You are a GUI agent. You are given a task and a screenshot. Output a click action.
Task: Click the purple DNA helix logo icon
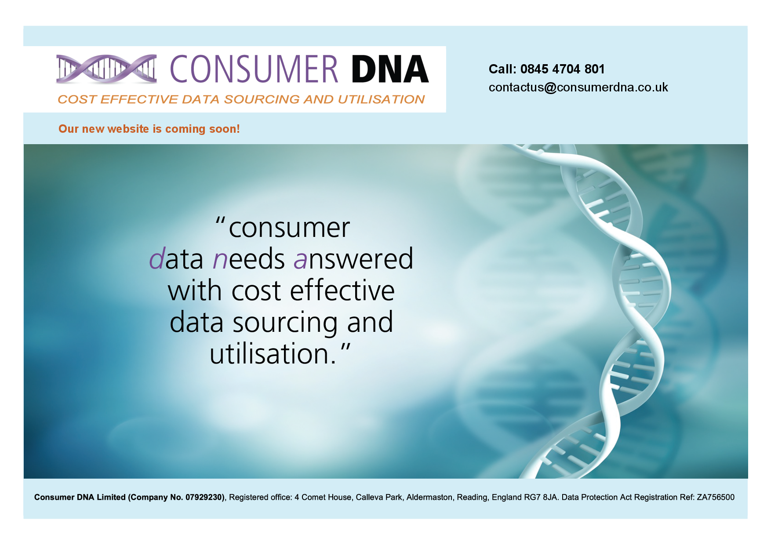[106, 69]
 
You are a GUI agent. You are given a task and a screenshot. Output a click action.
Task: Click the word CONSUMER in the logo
[254, 69]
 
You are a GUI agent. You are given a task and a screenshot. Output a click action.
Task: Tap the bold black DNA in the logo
[389, 69]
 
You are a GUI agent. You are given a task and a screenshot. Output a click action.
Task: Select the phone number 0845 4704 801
[562, 69]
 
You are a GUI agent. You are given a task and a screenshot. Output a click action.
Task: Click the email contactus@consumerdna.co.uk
[578, 87]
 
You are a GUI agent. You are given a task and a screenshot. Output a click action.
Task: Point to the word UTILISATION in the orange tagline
[381, 99]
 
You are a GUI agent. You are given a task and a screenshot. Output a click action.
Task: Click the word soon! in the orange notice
[225, 129]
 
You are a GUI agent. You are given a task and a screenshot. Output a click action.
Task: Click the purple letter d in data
[156, 259]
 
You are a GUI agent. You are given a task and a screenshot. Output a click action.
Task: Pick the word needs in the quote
[249, 259]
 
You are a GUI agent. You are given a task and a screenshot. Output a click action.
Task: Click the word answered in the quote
[353, 259]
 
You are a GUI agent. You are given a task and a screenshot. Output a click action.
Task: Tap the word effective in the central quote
[342, 291]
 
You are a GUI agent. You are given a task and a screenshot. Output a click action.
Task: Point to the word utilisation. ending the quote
[273, 354]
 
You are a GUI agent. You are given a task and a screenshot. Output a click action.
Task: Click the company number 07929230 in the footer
[204, 497]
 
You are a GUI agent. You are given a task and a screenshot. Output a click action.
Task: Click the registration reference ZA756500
[715, 497]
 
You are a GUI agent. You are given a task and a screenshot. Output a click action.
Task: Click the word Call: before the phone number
[502, 69]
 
